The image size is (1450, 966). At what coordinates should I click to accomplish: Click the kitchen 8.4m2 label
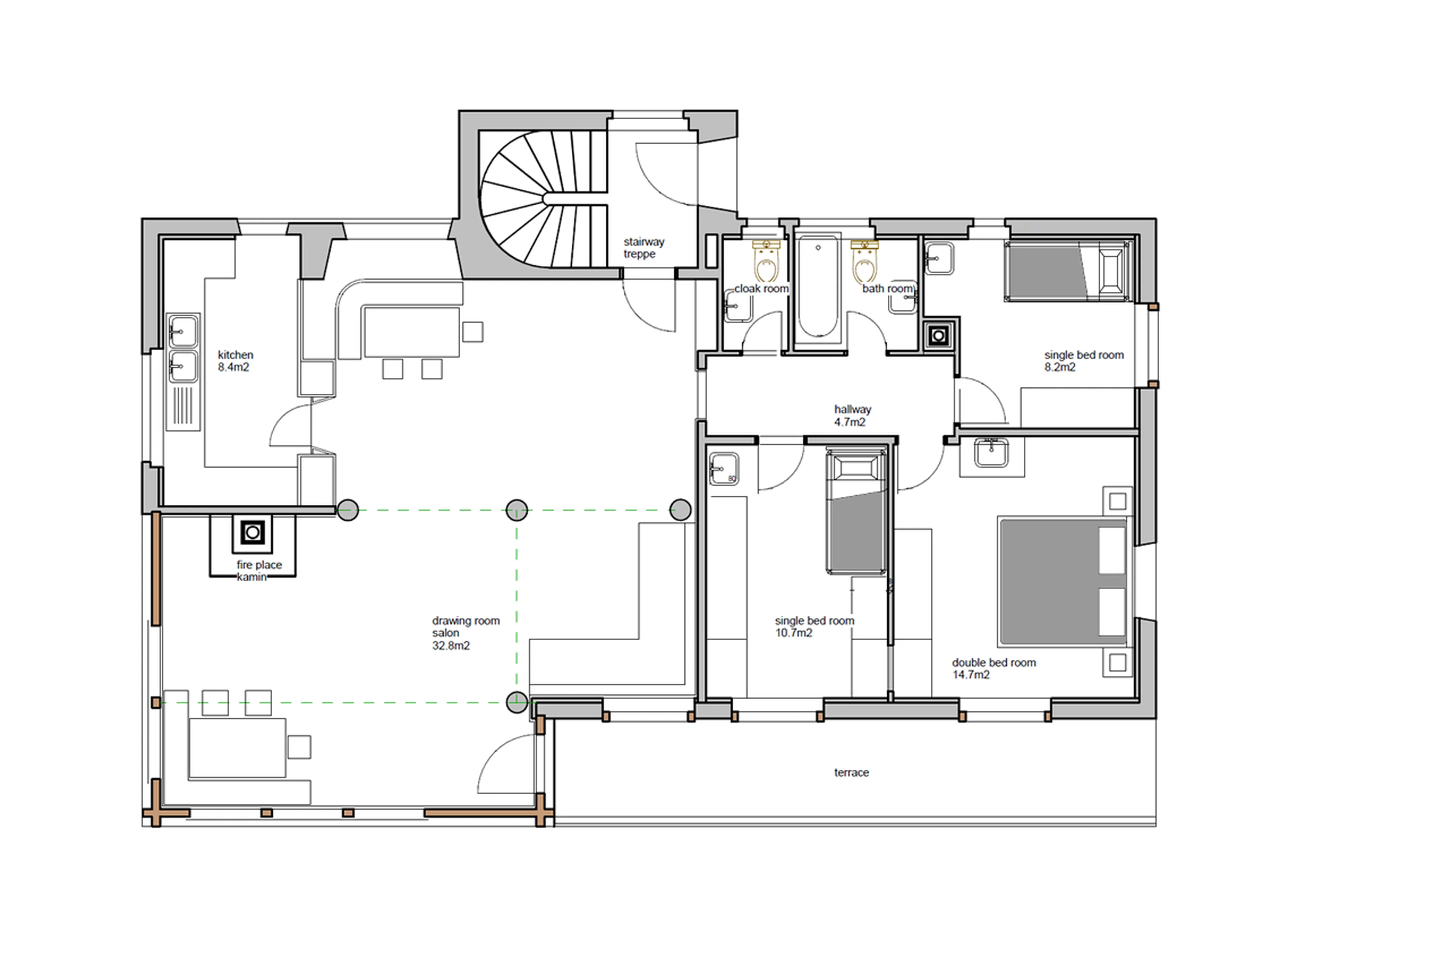pos(235,361)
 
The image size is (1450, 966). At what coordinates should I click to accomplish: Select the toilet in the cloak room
pos(766,262)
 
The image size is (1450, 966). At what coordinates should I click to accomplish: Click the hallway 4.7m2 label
pos(851,415)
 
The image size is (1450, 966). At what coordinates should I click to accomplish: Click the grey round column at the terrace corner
pos(517,702)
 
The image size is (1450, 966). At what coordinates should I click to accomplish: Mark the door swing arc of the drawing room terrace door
pos(493,764)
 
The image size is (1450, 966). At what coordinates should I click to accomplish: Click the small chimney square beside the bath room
pos(938,336)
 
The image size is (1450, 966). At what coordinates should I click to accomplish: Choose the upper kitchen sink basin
pos(183,332)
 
